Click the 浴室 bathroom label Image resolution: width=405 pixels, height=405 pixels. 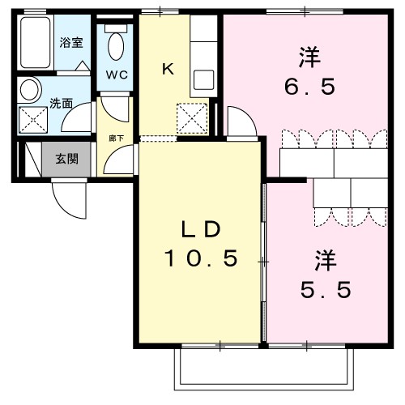[x=70, y=43]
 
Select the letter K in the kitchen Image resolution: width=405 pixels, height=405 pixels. [x=167, y=69]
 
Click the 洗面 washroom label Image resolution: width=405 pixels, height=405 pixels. [x=62, y=104]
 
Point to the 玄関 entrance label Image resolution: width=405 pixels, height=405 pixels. [x=66, y=157]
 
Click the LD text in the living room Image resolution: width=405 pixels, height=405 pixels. [x=201, y=229]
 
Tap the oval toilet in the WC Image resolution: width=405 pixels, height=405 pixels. [x=116, y=45]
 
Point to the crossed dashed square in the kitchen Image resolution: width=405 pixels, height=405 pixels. [x=193, y=118]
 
